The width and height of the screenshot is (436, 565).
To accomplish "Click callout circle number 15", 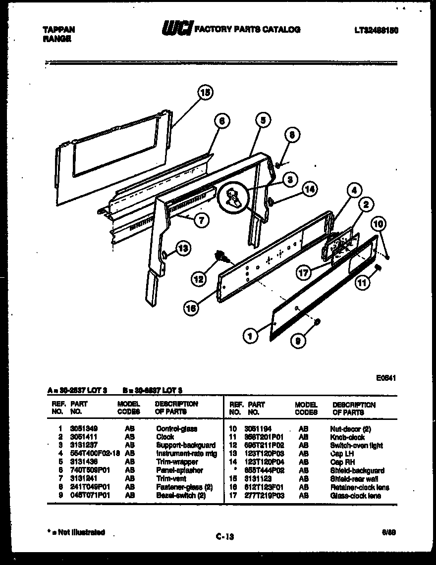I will pos(205,92).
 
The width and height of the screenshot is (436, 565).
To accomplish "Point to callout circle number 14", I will pos(309,189).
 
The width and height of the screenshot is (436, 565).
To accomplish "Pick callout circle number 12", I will pos(199,279).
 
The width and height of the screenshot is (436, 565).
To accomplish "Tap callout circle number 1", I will pos(251,337).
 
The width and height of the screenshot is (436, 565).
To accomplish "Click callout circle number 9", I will pos(298,341).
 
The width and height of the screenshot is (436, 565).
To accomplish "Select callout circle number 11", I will pos(363,283).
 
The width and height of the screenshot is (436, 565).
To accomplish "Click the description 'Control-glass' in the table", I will pos(176,429).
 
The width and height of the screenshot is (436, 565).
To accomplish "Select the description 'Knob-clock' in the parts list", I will pos(347,437).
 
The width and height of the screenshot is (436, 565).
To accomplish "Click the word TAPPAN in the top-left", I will pos(55,30).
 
